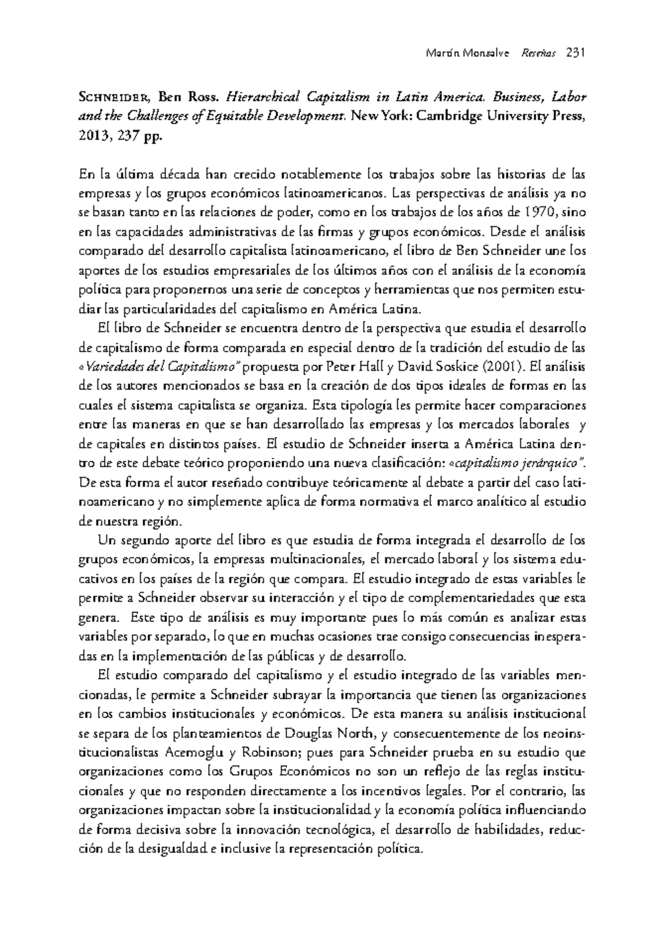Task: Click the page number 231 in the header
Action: coord(576,54)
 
